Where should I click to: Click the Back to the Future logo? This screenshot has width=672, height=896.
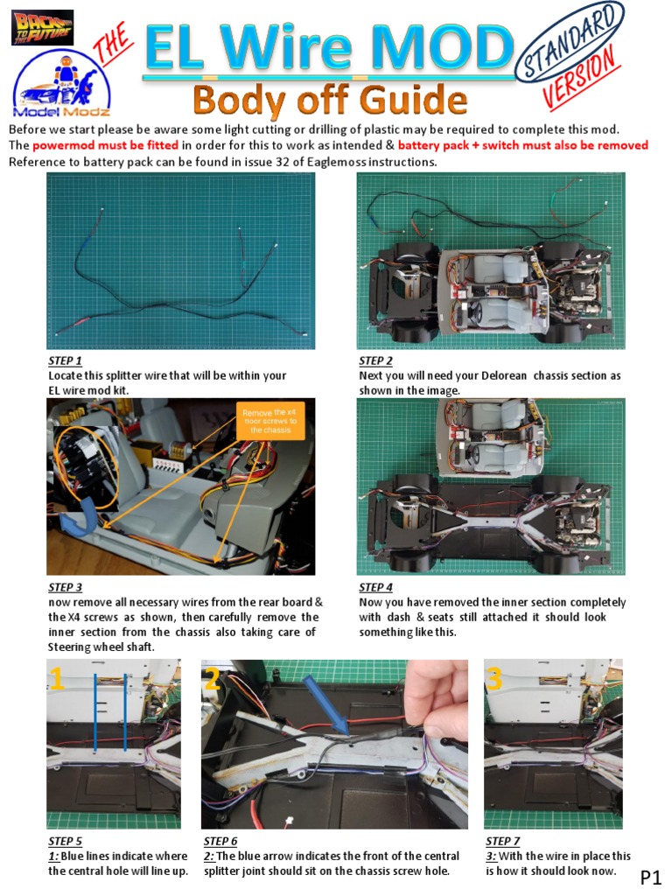tap(42, 27)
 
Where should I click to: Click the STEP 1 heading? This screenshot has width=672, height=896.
tap(65, 360)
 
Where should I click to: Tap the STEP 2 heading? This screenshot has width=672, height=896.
tap(375, 360)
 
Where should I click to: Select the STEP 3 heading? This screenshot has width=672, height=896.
tap(65, 588)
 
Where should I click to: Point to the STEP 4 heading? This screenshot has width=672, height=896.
tap(375, 588)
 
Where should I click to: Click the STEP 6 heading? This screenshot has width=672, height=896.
tap(220, 842)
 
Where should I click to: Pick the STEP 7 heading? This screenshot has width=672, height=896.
tap(503, 842)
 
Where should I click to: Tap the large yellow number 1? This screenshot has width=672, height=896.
tap(57, 679)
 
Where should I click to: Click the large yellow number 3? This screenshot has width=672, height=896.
tap(494, 679)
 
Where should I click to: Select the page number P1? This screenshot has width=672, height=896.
tap(651, 877)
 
